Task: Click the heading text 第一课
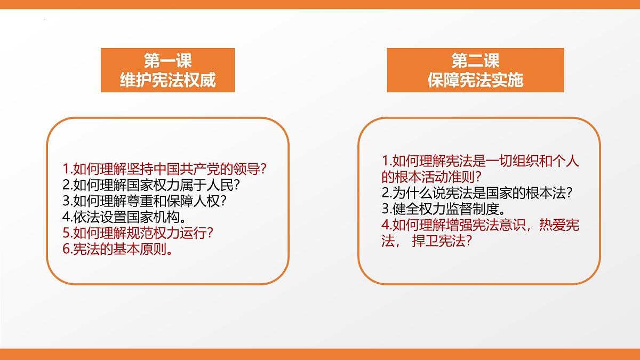[167, 61]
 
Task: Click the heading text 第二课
[475, 61]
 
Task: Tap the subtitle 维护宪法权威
[167, 80]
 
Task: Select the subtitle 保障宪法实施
[475, 80]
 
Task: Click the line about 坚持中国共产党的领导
[164, 170]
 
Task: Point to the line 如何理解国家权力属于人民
[151, 186]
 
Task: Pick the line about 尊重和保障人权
[145, 202]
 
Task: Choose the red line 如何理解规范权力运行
[138, 234]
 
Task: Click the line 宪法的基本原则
[117, 250]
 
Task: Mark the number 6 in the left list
[66, 250]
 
